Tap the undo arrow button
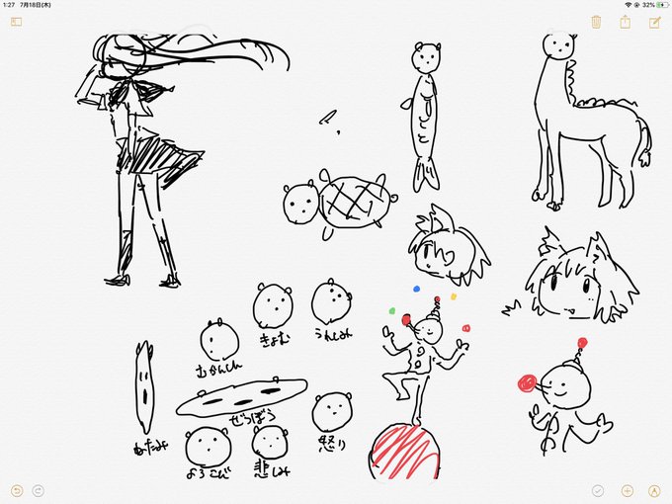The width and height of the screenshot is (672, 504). tap(16, 490)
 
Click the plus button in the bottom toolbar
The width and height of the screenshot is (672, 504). tap(627, 490)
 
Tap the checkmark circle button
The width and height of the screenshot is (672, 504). tap(598, 490)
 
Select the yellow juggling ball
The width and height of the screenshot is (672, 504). tap(453, 295)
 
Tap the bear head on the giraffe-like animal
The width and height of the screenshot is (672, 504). tap(558, 45)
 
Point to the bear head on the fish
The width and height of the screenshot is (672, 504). tap(426, 57)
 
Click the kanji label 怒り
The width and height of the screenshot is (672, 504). tap(332, 442)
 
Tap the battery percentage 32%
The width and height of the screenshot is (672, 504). tap(648, 5)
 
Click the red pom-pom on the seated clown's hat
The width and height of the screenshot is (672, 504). tap(581, 343)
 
